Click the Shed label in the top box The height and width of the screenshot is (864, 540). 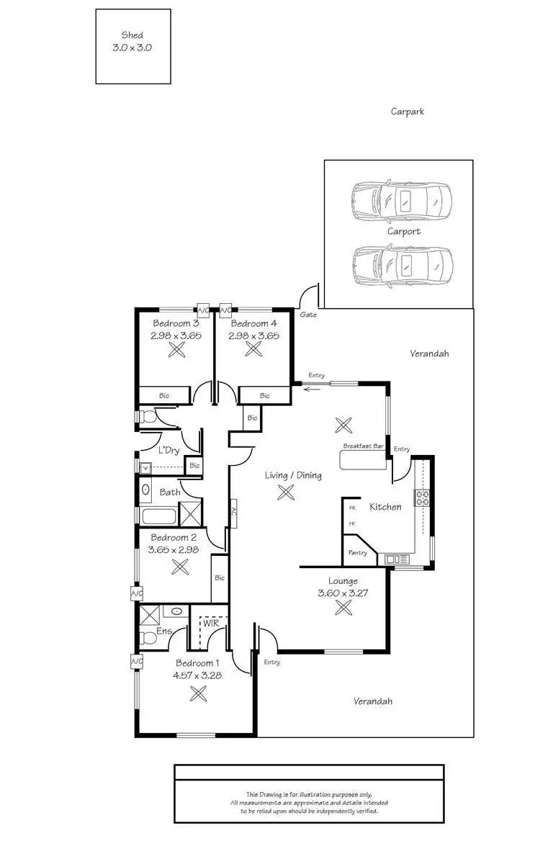coord(132,35)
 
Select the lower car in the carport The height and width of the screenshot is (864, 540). coord(402,265)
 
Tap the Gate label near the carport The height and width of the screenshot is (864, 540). coord(308,315)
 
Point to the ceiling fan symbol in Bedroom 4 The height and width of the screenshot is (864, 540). coord(253,349)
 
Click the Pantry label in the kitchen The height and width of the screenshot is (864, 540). coord(358,553)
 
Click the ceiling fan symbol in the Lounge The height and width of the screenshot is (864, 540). coord(343,608)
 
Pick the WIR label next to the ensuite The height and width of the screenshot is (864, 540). coord(210,624)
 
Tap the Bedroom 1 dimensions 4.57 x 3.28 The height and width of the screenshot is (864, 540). coord(197,676)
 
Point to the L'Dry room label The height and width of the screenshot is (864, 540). coord(168,451)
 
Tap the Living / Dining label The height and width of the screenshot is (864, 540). coord(293,475)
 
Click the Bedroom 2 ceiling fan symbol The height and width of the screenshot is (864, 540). coord(179,566)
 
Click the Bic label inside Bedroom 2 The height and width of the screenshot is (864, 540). coord(220,577)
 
